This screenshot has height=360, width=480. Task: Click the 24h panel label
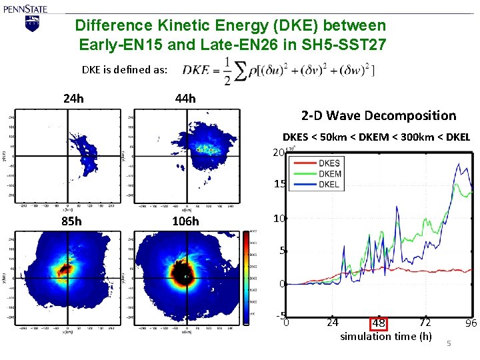(x=73, y=99)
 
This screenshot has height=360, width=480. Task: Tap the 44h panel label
(x=185, y=99)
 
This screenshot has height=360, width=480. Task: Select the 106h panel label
(x=185, y=221)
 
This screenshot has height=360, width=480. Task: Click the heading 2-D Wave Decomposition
(x=379, y=116)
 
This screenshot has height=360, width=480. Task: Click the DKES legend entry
(x=329, y=163)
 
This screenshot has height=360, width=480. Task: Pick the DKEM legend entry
(x=330, y=173)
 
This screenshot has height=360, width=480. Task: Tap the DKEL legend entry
(x=329, y=183)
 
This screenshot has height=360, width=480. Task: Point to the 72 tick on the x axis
(x=425, y=323)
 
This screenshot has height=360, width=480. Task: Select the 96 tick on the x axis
(x=471, y=323)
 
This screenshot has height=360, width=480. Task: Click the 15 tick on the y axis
(x=280, y=185)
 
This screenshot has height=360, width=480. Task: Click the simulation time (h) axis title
(x=386, y=336)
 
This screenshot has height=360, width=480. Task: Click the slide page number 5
(x=449, y=343)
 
